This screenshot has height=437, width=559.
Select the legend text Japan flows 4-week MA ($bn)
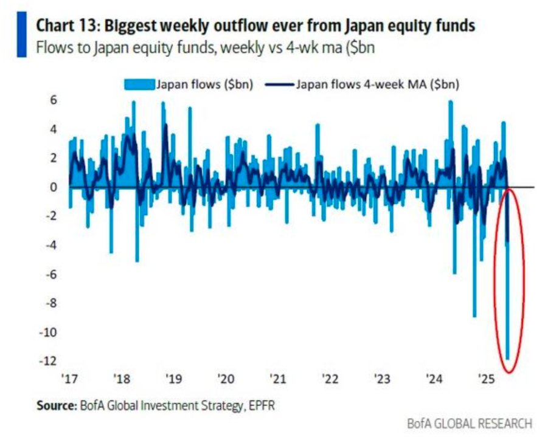point(377,85)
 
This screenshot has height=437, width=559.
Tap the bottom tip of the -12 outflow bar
point(508,359)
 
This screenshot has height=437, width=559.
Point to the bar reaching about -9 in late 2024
point(474,315)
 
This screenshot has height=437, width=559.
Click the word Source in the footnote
point(54,404)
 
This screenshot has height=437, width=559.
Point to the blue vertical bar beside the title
point(23,35)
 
